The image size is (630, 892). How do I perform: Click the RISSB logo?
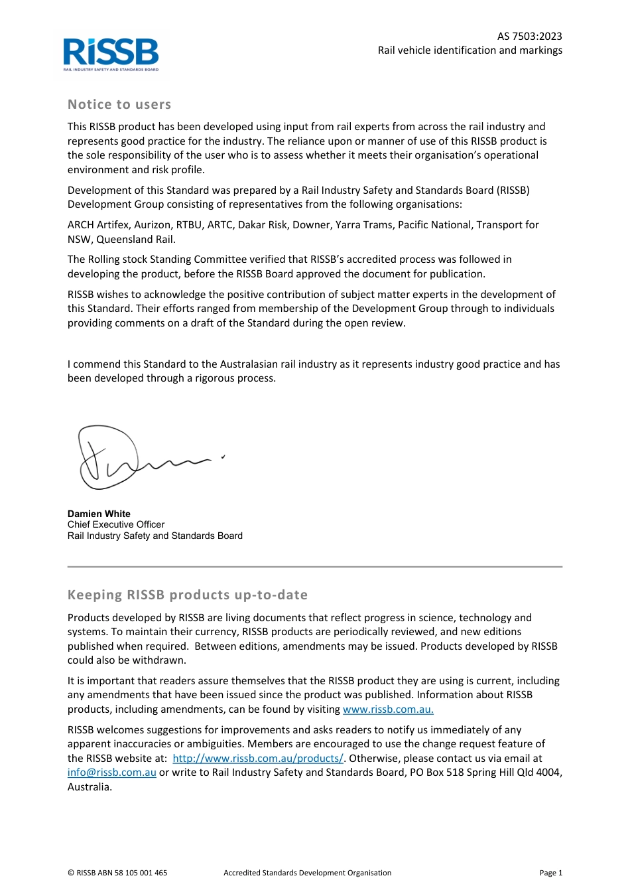pos(111,54)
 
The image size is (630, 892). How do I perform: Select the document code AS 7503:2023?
pos(529,37)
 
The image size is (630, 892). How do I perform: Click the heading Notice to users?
pos(119,104)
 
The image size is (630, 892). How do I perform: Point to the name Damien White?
pos(99,514)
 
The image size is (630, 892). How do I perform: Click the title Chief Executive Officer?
pos(116,524)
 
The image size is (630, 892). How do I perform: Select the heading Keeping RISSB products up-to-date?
pos(188,595)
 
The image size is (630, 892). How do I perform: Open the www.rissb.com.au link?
pos(388,709)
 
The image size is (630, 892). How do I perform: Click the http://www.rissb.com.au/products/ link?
pos(258,759)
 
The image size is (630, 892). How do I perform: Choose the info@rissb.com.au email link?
pos(112,773)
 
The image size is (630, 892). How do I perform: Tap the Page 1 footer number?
pos(550,873)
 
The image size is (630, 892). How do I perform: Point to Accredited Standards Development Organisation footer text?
pos(307,873)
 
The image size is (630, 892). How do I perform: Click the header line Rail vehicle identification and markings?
pos(470,50)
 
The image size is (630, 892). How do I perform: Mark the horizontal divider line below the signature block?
pos(315,567)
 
